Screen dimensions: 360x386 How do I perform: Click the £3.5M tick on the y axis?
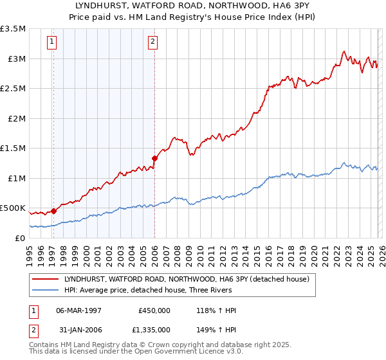click(13, 29)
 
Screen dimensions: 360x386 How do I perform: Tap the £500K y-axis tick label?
click(13, 208)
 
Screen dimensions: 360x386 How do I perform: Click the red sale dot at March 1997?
click(54, 210)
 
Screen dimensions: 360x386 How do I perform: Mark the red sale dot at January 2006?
click(154, 157)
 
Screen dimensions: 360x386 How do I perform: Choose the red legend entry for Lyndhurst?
click(187, 279)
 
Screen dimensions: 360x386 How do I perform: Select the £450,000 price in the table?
click(154, 310)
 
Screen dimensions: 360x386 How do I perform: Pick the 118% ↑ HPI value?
click(217, 310)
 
